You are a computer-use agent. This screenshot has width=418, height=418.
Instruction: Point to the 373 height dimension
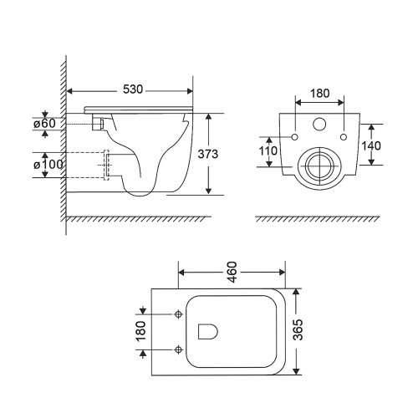tap(220, 154)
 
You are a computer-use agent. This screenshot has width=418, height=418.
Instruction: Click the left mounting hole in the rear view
tap(295, 136)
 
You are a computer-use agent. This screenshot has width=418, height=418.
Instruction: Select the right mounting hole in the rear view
tap(344, 136)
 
